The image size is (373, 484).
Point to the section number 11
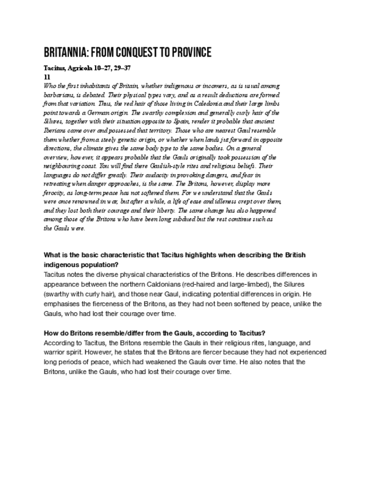[x=47, y=75]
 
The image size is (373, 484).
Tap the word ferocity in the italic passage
[x=55, y=194]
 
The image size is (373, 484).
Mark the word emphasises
[x=62, y=304]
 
